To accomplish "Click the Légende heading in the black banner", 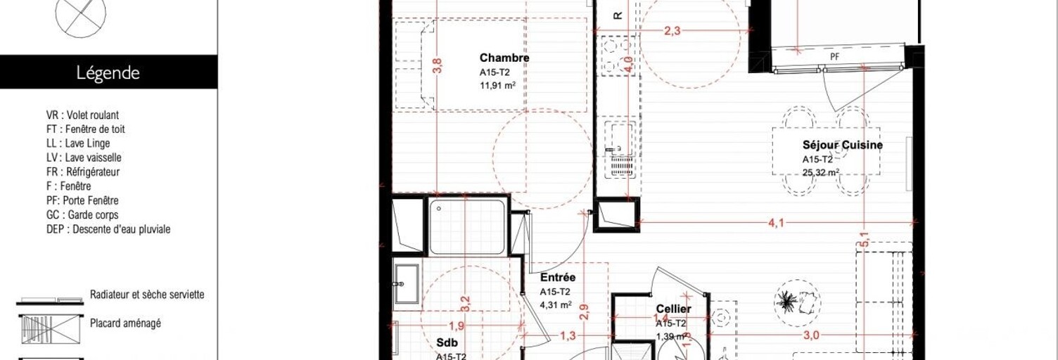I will pyautogui.click(x=108, y=73).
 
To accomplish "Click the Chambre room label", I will pyautogui.click(x=504, y=58).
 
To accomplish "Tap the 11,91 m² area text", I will pyautogui.click(x=497, y=86).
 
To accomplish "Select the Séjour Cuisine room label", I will pyautogui.click(x=842, y=146).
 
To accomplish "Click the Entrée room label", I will pyautogui.click(x=559, y=278).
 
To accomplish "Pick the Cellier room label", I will pyautogui.click(x=673, y=309).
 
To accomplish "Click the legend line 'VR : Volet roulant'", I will pyautogui.click(x=82, y=115).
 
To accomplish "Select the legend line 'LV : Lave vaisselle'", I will pyautogui.click(x=83, y=157).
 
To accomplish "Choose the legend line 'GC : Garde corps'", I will pyautogui.click(x=82, y=215).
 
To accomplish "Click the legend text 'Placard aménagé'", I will pyautogui.click(x=125, y=323).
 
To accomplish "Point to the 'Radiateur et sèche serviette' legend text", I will pyautogui.click(x=147, y=295).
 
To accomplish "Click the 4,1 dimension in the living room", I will pyautogui.click(x=776, y=224).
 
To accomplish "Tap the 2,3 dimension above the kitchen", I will pyautogui.click(x=673, y=30).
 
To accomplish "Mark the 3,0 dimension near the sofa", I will pyautogui.click(x=811, y=336).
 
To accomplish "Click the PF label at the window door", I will pyautogui.click(x=835, y=56).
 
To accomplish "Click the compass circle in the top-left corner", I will pyautogui.click(x=81, y=15).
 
